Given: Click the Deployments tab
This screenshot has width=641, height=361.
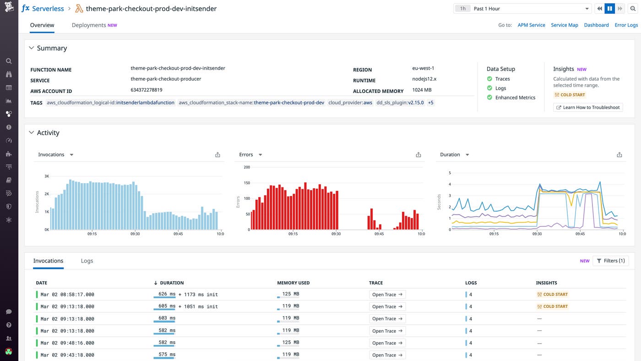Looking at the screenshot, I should pyautogui.click(x=89, y=25).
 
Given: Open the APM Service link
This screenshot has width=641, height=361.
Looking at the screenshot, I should pyautogui.click(x=531, y=25).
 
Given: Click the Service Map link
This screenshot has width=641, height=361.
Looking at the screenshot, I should pyautogui.click(x=564, y=25).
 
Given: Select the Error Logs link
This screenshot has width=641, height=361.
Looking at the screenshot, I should pyautogui.click(x=626, y=25).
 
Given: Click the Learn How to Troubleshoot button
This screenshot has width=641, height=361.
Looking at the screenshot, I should pyautogui.click(x=588, y=107).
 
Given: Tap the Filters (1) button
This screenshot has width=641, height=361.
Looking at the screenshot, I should pyautogui.click(x=610, y=261).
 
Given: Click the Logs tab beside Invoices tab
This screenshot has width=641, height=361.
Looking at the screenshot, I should pyautogui.click(x=87, y=261).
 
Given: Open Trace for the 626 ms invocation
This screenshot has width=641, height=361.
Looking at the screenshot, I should pyautogui.click(x=387, y=295).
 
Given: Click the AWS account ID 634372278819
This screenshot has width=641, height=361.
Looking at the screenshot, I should pyautogui.click(x=147, y=90).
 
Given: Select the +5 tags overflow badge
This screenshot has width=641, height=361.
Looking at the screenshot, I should pyautogui.click(x=430, y=103).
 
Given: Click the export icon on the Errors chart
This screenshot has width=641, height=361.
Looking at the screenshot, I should pyautogui.click(x=418, y=155).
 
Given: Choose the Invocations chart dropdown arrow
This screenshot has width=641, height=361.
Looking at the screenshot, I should pyautogui.click(x=71, y=155).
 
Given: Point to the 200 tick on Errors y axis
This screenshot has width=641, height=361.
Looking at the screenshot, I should pyautogui.click(x=247, y=167).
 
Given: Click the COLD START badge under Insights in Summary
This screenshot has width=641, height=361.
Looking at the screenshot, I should pyautogui.click(x=570, y=95).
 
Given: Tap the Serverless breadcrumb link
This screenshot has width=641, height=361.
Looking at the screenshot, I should pyautogui.click(x=48, y=9).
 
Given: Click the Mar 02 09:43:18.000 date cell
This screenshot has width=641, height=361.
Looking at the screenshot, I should pyautogui.click(x=67, y=355).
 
